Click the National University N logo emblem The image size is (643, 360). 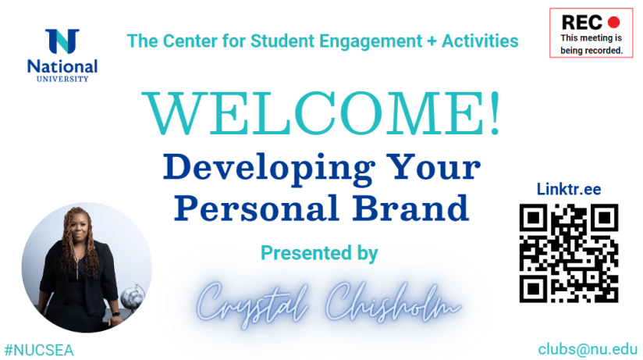(62, 41)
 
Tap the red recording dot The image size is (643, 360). (613, 22)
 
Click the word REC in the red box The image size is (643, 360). (582, 23)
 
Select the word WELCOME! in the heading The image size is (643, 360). (321, 113)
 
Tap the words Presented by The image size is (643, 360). (319, 253)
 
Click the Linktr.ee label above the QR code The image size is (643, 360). (569, 189)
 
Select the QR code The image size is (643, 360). (569, 253)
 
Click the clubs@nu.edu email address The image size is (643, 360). (588, 349)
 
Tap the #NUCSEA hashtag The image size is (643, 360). (39, 350)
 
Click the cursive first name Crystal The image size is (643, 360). (252, 305)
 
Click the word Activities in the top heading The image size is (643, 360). (480, 41)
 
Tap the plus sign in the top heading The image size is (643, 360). (432, 41)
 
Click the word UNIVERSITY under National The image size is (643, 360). (62, 79)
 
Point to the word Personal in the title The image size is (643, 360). (257, 209)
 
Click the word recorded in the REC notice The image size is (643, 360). (604, 51)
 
